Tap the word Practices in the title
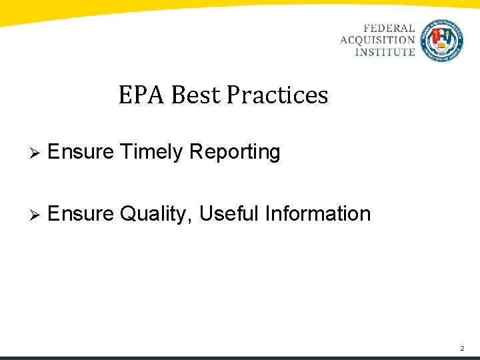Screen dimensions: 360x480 coord(277,95)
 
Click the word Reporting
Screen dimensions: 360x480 coord(235,153)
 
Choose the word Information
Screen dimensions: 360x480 coord(318,213)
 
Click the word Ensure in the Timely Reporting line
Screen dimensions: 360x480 coord(81,152)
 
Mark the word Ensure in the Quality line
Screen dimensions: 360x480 coord(81,213)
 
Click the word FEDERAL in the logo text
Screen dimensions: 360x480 coord(389,29)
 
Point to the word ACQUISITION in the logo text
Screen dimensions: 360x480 coord(377,41)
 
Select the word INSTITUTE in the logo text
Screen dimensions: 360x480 coord(385,52)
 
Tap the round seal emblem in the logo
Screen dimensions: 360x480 coord(443,40)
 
